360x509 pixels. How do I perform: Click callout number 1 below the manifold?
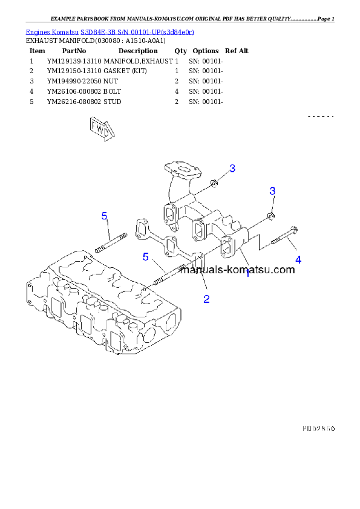click(247, 273)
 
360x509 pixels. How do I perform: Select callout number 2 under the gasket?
click(206, 299)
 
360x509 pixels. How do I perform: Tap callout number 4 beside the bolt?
click(298, 259)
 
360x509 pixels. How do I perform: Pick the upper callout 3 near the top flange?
click(232, 168)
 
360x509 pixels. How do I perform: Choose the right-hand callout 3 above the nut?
click(272, 191)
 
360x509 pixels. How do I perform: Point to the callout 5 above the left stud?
click(104, 216)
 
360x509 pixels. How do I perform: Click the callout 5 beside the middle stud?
click(145, 257)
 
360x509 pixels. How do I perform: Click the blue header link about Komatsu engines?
click(110, 31)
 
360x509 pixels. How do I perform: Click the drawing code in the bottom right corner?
click(318, 428)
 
